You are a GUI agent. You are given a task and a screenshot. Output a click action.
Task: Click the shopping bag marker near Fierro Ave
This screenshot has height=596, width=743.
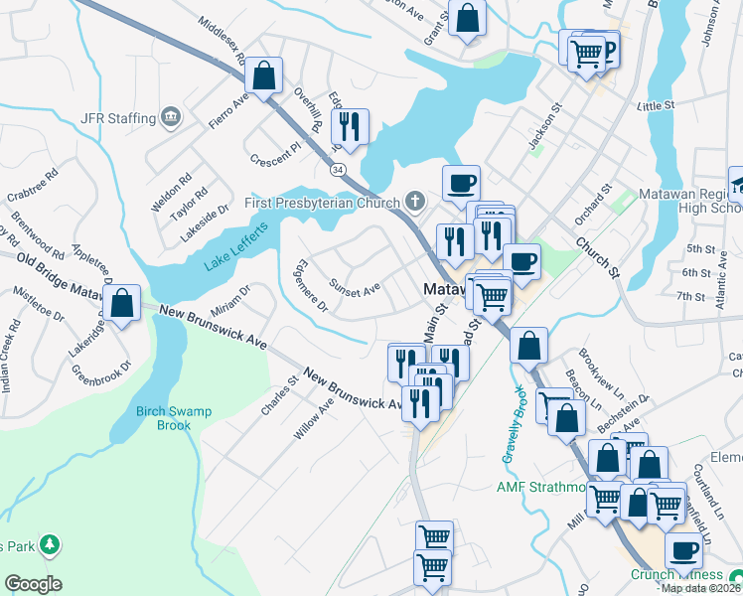(x=264, y=76)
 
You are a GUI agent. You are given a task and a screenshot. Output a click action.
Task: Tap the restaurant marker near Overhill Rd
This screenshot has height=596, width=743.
(x=350, y=127)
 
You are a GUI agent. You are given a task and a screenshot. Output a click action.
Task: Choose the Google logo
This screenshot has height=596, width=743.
(x=33, y=584)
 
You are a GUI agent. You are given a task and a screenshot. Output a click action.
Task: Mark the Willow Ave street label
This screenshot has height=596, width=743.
(x=314, y=420)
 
